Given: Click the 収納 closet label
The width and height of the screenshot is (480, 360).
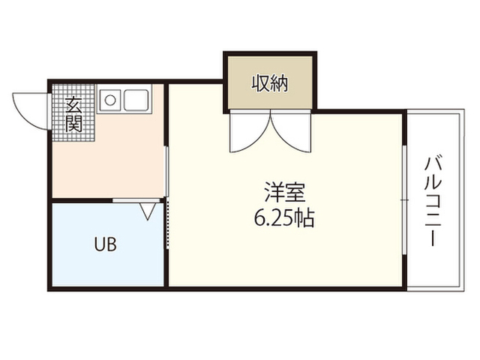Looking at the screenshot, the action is [x=270, y=83].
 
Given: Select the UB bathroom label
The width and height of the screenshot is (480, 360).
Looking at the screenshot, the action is [x=105, y=244].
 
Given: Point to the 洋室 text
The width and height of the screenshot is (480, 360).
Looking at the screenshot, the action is [x=285, y=193].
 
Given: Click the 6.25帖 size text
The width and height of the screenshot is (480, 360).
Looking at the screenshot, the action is [x=284, y=218].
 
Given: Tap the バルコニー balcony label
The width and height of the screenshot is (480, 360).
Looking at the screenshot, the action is [x=433, y=201].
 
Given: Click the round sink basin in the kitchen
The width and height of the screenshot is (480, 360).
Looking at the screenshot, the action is [x=110, y=100].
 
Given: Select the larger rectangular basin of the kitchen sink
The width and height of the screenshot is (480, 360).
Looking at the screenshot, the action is [x=136, y=100].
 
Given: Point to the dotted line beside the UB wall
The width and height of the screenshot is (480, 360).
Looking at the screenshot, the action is [x=167, y=223].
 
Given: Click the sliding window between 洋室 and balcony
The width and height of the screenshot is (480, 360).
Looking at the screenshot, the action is [x=405, y=200].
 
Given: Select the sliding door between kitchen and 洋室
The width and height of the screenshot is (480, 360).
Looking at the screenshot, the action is [x=166, y=172].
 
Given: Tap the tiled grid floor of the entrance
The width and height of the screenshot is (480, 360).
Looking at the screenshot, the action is [x=73, y=112].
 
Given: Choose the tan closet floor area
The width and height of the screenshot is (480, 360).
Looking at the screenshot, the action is [x=270, y=82].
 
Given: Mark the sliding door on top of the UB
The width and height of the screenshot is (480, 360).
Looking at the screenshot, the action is [x=136, y=200].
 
